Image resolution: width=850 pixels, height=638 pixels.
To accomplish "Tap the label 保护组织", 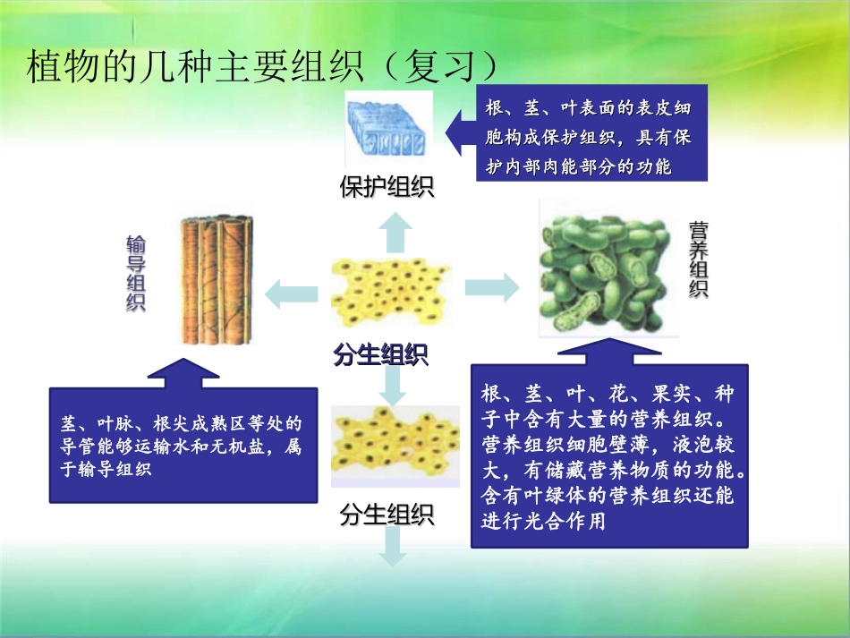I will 387,187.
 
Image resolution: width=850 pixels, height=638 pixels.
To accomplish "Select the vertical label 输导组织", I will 136,273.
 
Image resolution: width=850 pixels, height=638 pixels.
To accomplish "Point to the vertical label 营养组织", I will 699,259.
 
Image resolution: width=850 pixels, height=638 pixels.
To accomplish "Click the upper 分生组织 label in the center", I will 380,355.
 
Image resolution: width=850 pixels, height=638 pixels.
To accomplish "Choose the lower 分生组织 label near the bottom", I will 387,515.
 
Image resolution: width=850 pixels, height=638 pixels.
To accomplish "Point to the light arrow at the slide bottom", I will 392,547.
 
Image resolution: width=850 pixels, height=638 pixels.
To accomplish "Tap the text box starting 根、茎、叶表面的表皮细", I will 591,133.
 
